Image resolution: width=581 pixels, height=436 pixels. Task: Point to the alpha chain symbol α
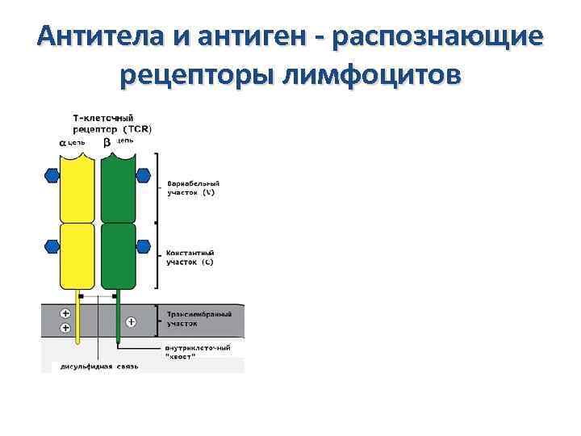click(x=63, y=142)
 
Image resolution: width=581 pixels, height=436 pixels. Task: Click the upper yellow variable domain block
click(x=78, y=187)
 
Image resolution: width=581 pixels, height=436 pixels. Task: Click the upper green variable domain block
click(x=118, y=187)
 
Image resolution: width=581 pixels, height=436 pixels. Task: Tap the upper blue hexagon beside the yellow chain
click(x=52, y=174)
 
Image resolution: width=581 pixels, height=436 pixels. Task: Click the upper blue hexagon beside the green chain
click(x=144, y=174)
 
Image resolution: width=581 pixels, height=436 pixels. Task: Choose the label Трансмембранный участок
click(x=199, y=317)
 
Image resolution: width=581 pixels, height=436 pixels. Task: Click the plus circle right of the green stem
click(x=132, y=322)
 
